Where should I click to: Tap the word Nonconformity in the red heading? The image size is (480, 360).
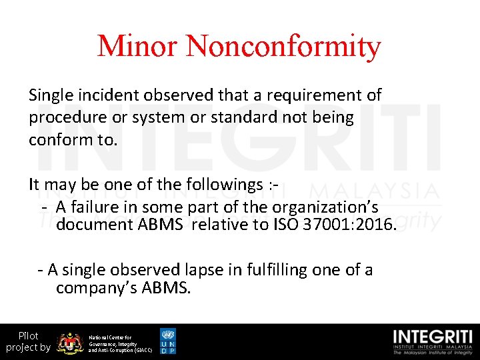[283, 46]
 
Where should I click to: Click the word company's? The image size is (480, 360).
[93, 289]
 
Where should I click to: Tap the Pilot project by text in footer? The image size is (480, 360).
[28, 341]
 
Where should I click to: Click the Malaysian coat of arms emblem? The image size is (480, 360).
[69, 343]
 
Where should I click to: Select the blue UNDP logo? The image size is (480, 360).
[168, 341]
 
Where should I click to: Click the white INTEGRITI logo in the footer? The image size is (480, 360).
[433, 341]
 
